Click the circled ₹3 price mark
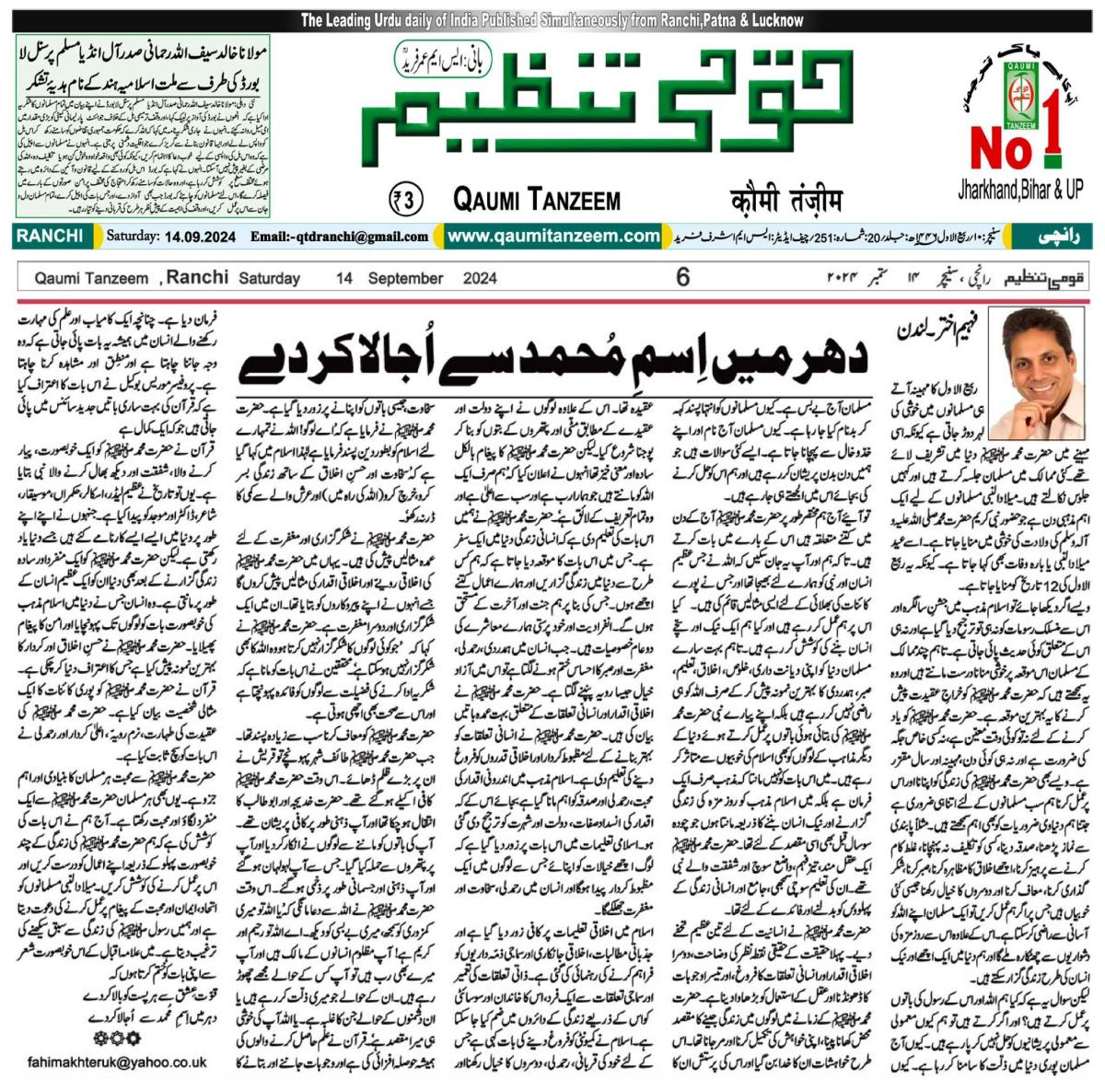[407, 199]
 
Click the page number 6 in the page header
[682, 276]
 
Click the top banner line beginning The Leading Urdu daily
[552, 20]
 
